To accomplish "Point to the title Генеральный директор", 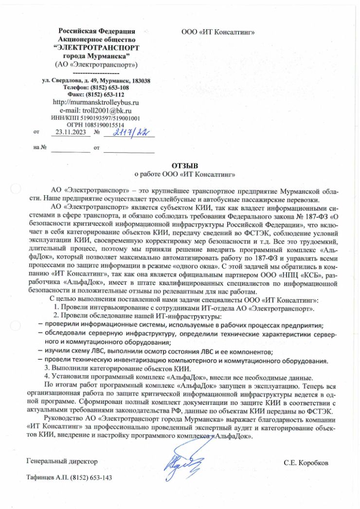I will click(62, 461).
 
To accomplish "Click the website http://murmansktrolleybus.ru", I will click(95, 103).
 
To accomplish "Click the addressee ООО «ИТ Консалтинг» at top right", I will click(218, 32).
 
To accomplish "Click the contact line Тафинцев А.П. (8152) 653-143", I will click(69, 477).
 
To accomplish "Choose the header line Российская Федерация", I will click(97, 31).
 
